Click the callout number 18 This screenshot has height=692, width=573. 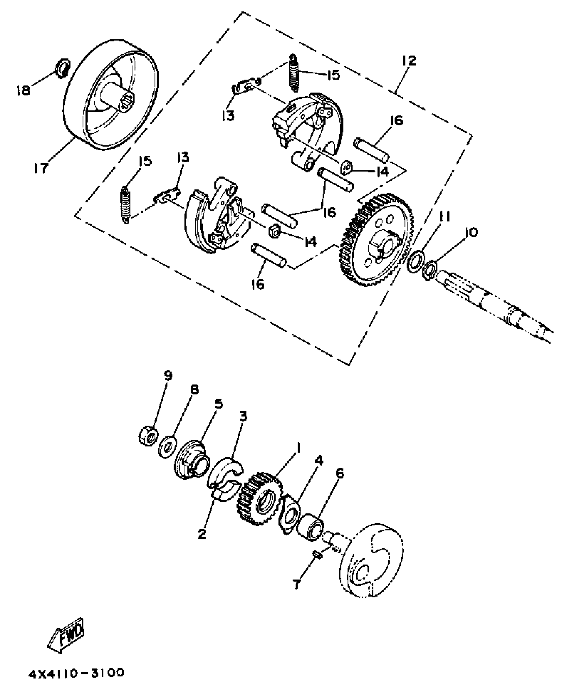pyautogui.click(x=23, y=90)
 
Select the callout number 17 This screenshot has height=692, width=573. pyautogui.click(x=41, y=167)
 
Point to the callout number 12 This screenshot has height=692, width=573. pyautogui.click(x=409, y=61)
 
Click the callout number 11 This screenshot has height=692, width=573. pyautogui.click(x=445, y=218)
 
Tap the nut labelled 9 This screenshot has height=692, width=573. pyautogui.click(x=148, y=436)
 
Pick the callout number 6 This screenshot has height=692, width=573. pyautogui.click(x=340, y=474)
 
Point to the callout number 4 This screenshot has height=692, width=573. pyautogui.click(x=319, y=460)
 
